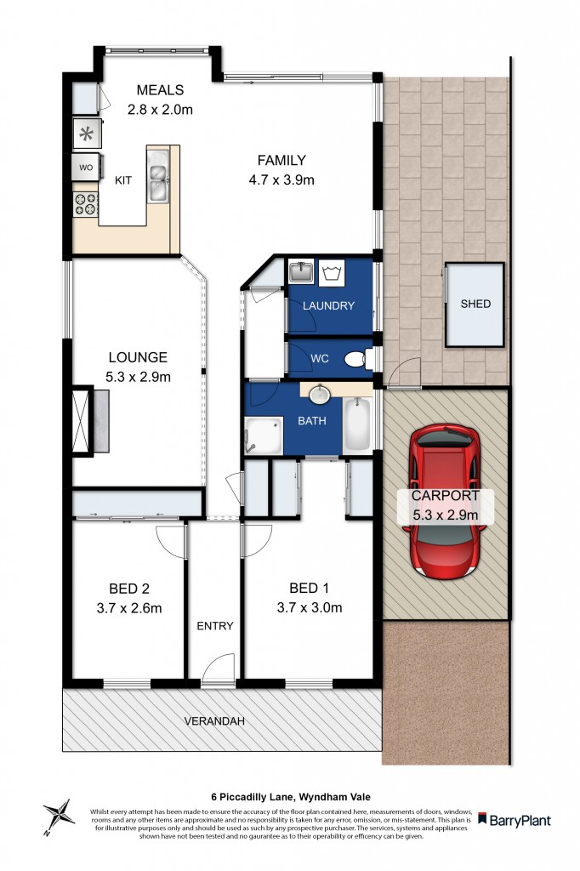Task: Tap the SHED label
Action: tap(475, 304)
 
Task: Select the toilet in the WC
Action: tap(358, 360)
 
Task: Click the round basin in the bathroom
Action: tap(320, 395)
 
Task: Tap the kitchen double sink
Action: tap(158, 179)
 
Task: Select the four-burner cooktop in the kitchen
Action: tap(86, 203)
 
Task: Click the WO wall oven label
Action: tap(86, 168)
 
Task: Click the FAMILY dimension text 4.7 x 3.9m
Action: tap(282, 179)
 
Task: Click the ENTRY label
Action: tap(215, 625)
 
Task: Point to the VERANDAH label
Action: tap(214, 721)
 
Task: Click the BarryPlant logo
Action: tap(515, 820)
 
